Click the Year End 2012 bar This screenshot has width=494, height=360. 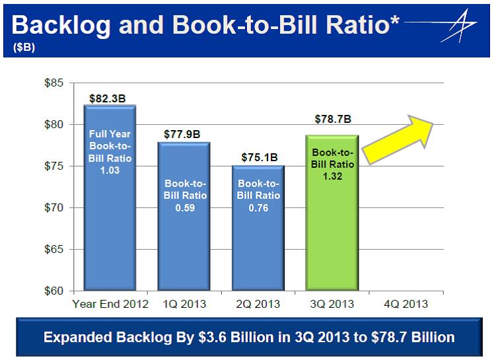pos(110,198)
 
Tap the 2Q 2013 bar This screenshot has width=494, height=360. pos(258,228)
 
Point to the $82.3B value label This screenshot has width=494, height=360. pos(109,98)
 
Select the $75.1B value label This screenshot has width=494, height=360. pos(258,159)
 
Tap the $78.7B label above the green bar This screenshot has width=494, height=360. pos(332,120)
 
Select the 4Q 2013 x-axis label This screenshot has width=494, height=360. pos(406,305)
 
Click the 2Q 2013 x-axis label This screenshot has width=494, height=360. pos(259,305)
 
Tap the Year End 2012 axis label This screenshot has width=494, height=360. pos(110,305)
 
